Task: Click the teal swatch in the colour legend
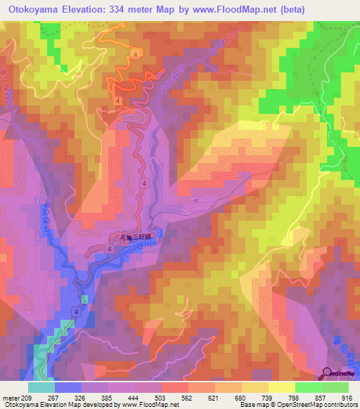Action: pos(41,387)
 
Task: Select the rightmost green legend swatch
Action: pos(335,387)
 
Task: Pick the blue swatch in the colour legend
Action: pos(67,387)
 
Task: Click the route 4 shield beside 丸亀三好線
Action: pos(111,249)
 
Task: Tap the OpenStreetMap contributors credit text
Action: pos(320,405)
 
